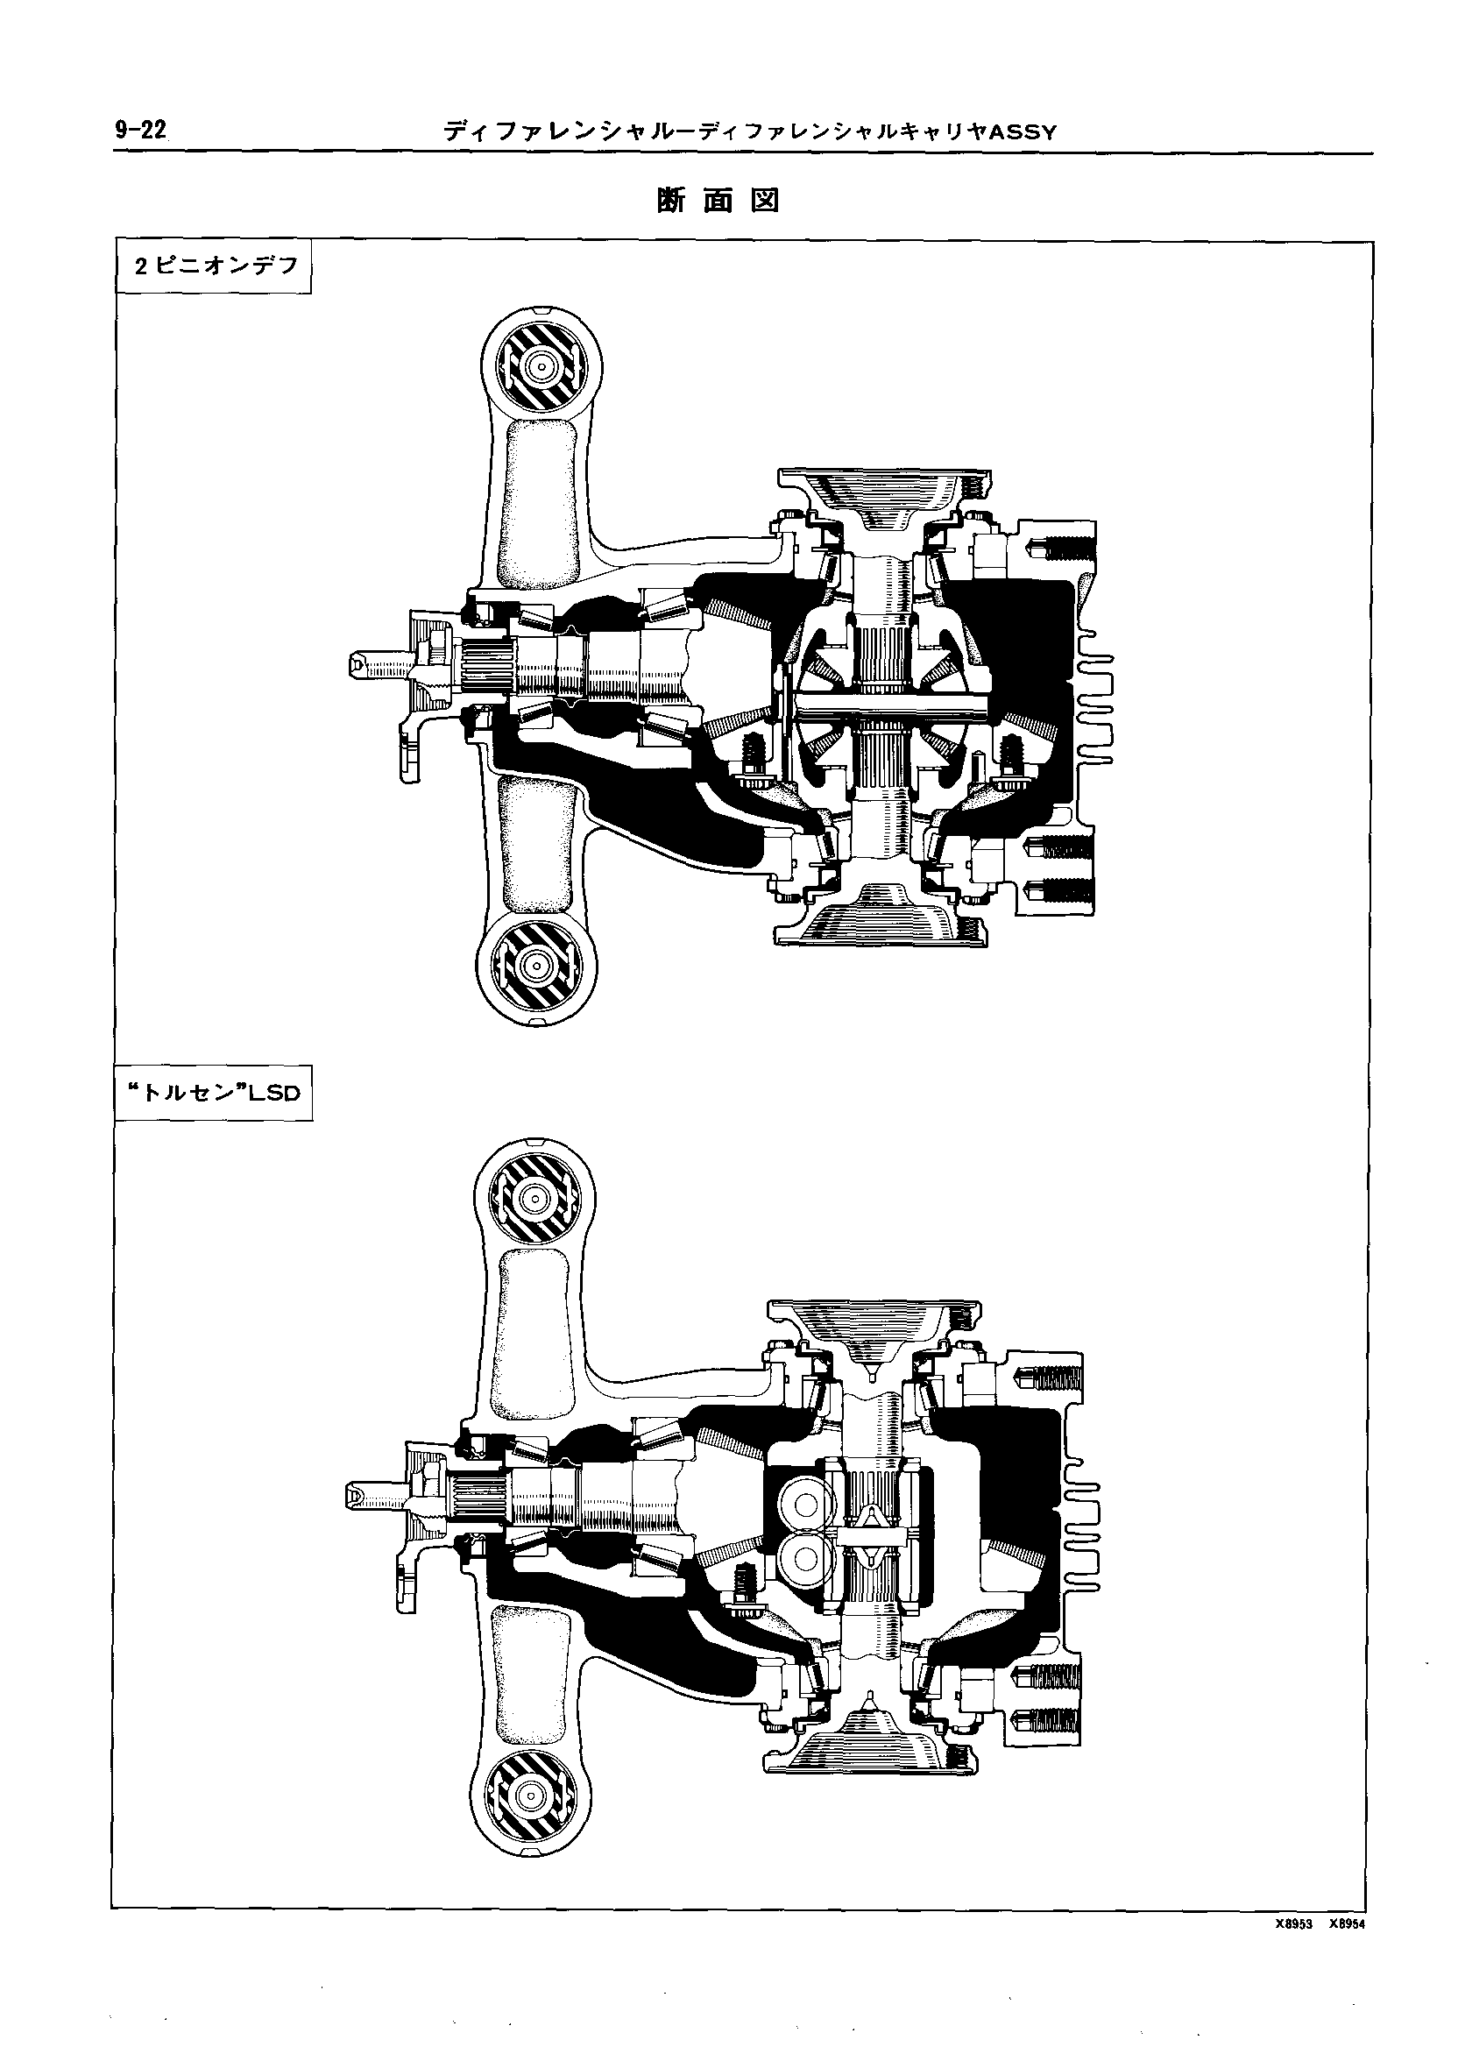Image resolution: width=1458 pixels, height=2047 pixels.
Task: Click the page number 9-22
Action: [x=140, y=131]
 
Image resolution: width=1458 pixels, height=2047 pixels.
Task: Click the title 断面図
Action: [x=718, y=202]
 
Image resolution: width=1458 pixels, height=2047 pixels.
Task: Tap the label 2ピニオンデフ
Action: [x=215, y=266]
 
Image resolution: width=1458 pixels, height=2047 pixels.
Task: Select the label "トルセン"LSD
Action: [x=214, y=1093]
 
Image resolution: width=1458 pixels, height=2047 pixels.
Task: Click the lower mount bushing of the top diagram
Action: [x=537, y=966]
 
